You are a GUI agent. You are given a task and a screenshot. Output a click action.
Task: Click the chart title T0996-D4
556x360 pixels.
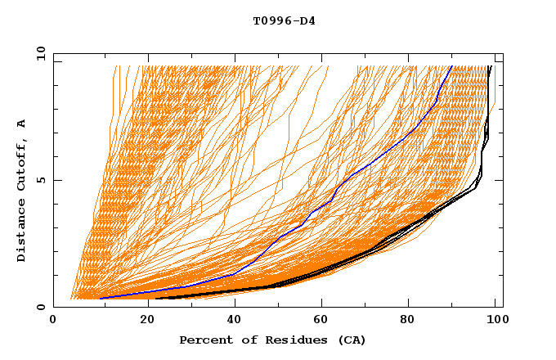(x=284, y=20)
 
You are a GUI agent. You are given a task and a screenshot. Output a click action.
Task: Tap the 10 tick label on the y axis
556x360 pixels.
(x=38, y=53)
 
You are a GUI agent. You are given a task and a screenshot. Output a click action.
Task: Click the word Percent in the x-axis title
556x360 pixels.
(x=204, y=340)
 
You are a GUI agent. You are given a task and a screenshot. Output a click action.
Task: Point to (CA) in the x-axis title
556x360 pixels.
(x=352, y=340)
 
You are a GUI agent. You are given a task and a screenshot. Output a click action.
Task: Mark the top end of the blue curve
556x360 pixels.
(x=451, y=66)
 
